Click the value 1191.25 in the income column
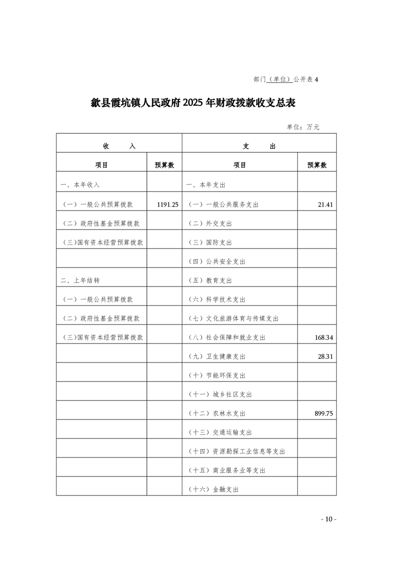tap(167, 204)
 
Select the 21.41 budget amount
tap(325, 204)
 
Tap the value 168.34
tap(324, 337)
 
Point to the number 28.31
tap(325, 356)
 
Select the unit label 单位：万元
tap(303, 127)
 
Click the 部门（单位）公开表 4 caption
tap(286, 79)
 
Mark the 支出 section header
tap(259, 146)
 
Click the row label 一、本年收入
tap(80, 185)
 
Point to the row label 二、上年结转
tap(80, 280)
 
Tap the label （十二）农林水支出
tap(216, 413)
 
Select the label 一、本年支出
tap(206, 185)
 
